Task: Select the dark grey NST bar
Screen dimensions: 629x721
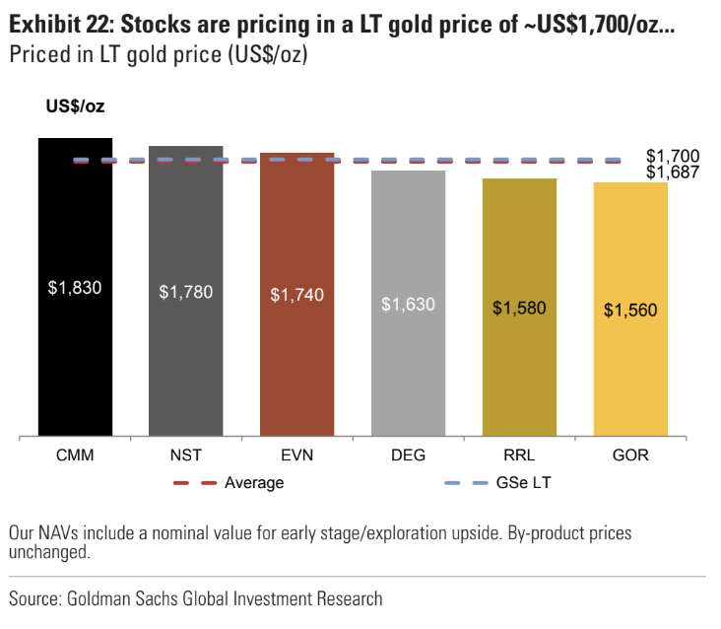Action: pyautogui.click(x=186, y=365)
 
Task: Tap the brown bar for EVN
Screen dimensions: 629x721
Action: pyautogui.click(x=297, y=365)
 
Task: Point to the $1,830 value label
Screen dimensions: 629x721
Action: pyautogui.click(x=75, y=288)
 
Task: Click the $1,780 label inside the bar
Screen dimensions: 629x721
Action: pyautogui.click(x=186, y=292)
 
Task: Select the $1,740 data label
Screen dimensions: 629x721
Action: pyautogui.click(x=297, y=295)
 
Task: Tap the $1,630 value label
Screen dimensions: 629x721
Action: pyautogui.click(x=408, y=304)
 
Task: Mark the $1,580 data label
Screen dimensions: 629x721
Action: pyautogui.click(x=519, y=308)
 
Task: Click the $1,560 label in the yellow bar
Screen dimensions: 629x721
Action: pyautogui.click(x=630, y=310)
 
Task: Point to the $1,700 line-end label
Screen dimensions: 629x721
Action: pyautogui.click(x=673, y=156)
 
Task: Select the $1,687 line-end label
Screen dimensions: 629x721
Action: pyautogui.click(x=673, y=173)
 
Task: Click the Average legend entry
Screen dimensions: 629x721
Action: pyautogui.click(x=254, y=483)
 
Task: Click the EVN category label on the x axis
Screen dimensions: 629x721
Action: pyautogui.click(x=297, y=456)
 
